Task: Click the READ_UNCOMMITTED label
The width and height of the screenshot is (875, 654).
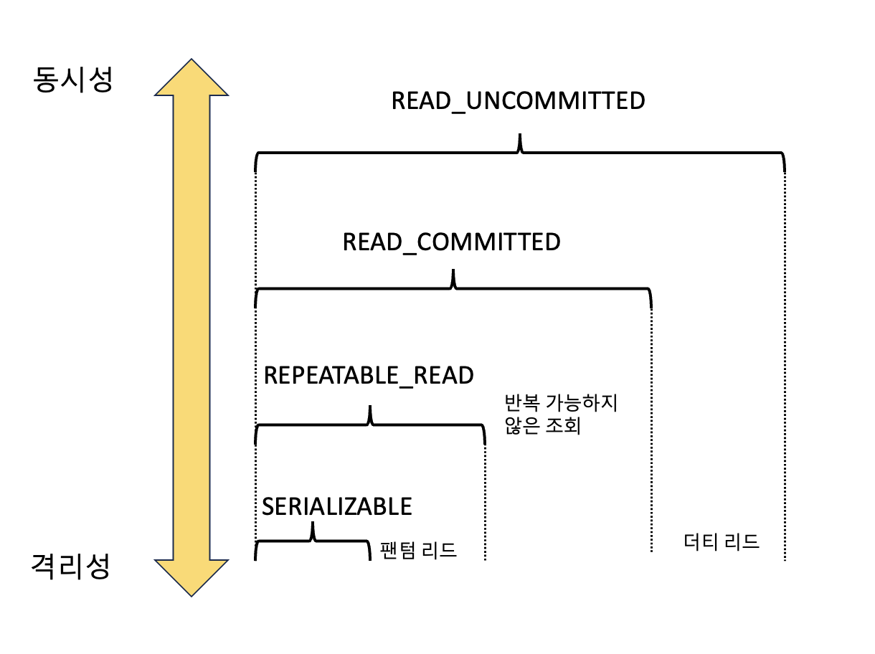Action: (x=518, y=100)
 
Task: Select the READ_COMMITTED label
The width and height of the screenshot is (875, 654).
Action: (x=451, y=242)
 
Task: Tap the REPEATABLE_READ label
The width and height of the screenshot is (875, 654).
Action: (x=369, y=375)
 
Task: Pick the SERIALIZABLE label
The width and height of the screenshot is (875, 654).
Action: (x=337, y=506)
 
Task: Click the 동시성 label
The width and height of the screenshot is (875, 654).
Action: (x=72, y=79)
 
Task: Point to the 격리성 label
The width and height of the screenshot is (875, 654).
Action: (x=71, y=567)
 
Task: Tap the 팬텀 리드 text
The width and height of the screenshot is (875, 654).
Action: (x=418, y=551)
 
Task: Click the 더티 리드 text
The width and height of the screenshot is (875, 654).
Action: (x=722, y=541)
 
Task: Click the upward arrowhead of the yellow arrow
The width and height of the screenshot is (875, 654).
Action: (x=191, y=77)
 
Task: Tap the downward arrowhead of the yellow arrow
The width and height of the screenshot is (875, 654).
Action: (x=191, y=577)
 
